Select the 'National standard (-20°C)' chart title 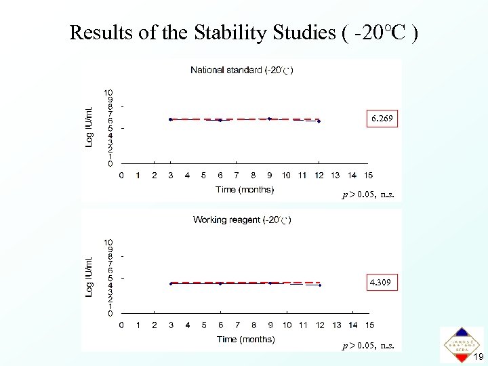click(x=242, y=70)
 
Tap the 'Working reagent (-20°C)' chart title click(x=242, y=220)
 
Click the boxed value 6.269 click(x=381, y=119)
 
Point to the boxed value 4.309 click(x=381, y=281)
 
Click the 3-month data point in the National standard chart click(x=171, y=119)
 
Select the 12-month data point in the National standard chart click(x=319, y=121)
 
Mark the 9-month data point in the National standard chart click(x=270, y=119)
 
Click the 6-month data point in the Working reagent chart click(x=220, y=283)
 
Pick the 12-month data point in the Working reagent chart click(x=319, y=285)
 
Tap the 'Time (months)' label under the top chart click(x=245, y=190)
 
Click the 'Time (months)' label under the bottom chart click(x=245, y=340)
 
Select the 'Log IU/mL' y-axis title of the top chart click(x=89, y=125)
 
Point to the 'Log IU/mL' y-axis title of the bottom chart click(x=89, y=274)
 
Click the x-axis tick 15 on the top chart click(x=369, y=176)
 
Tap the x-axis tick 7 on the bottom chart click(x=237, y=325)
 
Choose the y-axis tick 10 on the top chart click(x=108, y=92)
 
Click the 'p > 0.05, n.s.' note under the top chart click(x=368, y=195)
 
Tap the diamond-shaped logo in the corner click(x=462, y=344)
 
